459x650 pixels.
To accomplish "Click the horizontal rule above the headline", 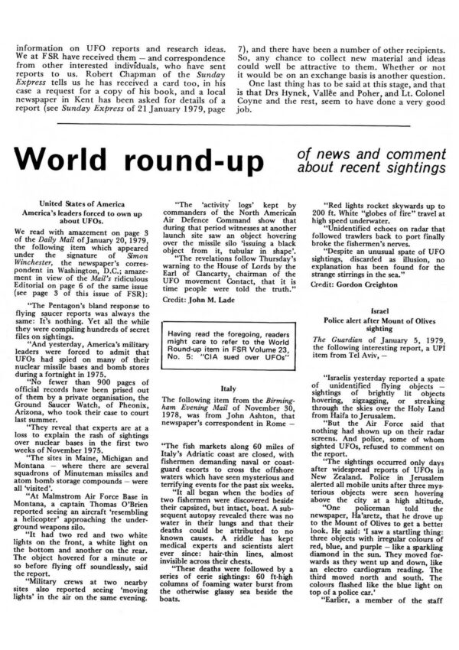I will (x=229, y=125).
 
